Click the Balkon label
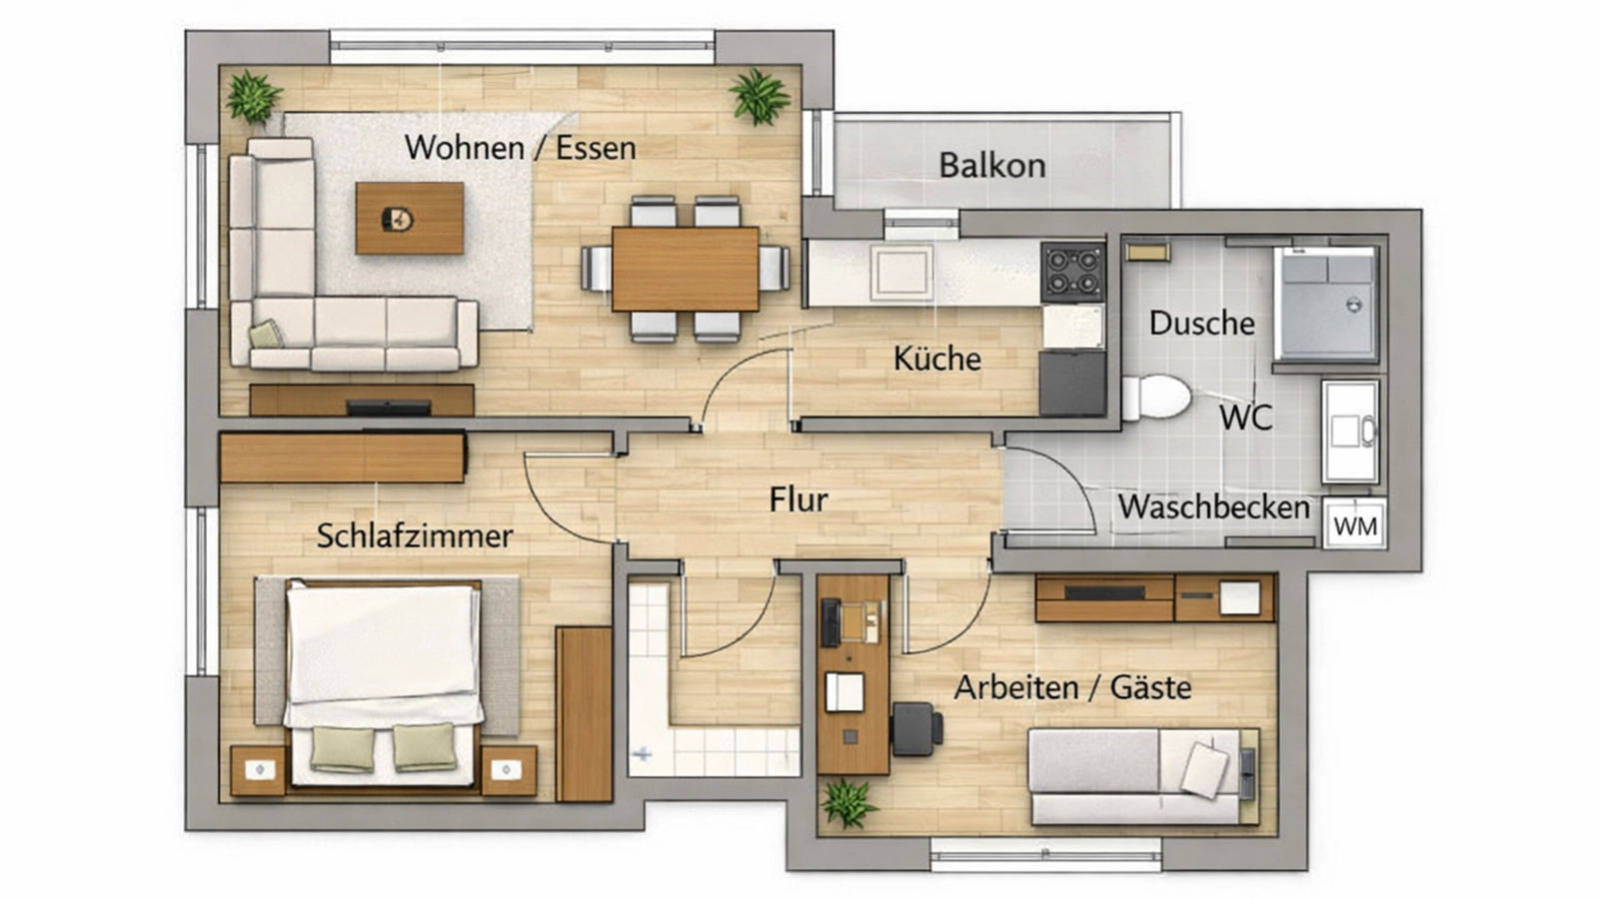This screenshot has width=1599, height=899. click(x=991, y=165)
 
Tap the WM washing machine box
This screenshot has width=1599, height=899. click(x=1355, y=525)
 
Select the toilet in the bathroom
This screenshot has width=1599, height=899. click(x=1157, y=397)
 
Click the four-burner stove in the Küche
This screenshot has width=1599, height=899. click(x=1072, y=271)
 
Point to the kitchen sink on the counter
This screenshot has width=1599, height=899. click(x=901, y=272)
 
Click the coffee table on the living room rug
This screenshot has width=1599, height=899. click(x=410, y=218)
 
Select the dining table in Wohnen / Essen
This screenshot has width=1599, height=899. click(x=686, y=269)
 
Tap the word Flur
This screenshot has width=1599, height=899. click(x=798, y=499)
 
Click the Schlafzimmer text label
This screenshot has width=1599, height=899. click(x=415, y=536)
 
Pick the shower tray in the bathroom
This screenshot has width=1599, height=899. click(x=1326, y=304)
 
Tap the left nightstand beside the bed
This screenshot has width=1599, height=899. click(x=259, y=770)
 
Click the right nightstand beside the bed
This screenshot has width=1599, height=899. click(x=508, y=770)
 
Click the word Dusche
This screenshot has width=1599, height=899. click(x=1201, y=324)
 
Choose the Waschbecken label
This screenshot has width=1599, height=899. click(x=1213, y=507)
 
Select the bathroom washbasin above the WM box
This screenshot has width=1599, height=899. click(x=1350, y=432)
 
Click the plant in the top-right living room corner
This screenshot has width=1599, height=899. click(x=760, y=97)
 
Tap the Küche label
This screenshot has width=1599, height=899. click(x=936, y=359)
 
